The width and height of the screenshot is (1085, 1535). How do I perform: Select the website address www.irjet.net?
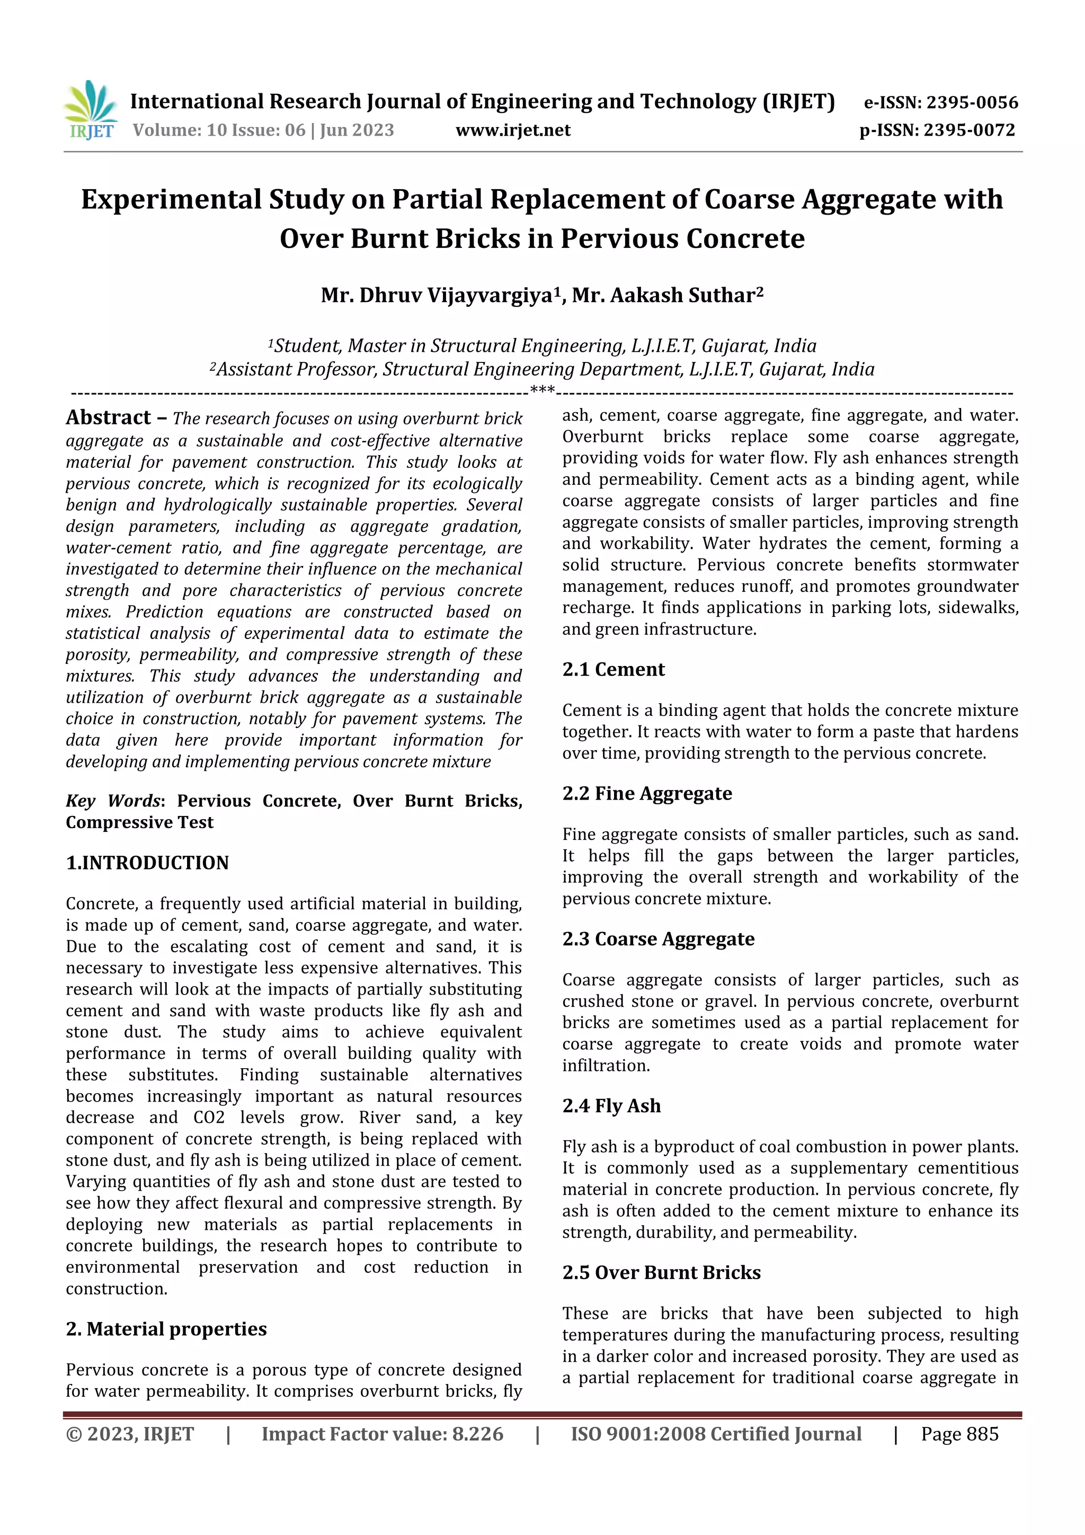[x=513, y=130]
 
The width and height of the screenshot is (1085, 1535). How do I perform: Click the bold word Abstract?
[x=108, y=418]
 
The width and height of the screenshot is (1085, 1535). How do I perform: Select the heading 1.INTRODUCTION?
[x=147, y=863]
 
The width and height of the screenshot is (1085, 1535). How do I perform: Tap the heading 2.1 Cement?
[x=613, y=670]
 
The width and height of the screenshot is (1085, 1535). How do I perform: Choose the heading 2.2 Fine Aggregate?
[x=646, y=794]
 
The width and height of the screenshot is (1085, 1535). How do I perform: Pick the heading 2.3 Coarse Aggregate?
[x=658, y=939]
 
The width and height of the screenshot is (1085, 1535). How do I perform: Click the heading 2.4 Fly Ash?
[x=611, y=1106]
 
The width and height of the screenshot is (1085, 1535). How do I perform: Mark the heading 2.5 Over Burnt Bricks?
[x=661, y=1273]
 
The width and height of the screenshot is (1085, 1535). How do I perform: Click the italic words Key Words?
[x=112, y=801]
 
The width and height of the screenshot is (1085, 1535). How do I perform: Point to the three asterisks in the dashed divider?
[x=541, y=390]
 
